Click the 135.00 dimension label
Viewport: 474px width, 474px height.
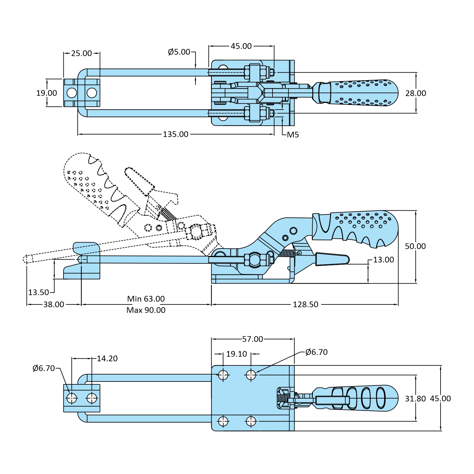pyautogui.click(x=176, y=134)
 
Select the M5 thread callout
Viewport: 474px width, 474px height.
pyautogui.click(x=293, y=135)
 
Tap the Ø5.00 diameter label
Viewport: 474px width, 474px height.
pyautogui.click(x=179, y=52)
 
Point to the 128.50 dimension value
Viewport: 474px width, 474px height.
pyautogui.click(x=305, y=304)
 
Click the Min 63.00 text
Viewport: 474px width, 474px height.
pyautogui.click(x=146, y=299)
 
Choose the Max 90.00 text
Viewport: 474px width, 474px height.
pyautogui.click(x=146, y=310)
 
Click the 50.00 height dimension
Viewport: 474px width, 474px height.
pyautogui.click(x=415, y=246)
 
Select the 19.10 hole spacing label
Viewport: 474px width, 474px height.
pyautogui.click(x=237, y=354)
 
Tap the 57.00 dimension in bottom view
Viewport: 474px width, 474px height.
pyautogui.click(x=252, y=339)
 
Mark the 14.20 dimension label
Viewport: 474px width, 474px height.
pyautogui.click(x=107, y=358)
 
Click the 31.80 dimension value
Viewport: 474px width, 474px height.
pyautogui.click(x=415, y=399)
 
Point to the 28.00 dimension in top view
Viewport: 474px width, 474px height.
pyautogui.click(x=416, y=93)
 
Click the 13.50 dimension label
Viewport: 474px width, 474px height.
pyautogui.click(x=39, y=292)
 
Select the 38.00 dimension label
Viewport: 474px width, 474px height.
pyautogui.click(x=54, y=304)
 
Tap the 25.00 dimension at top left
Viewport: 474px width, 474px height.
pyautogui.click(x=81, y=53)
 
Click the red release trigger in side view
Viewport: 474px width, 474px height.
pyautogui.click(x=332, y=259)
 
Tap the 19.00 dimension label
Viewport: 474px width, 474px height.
pyautogui.click(x=47, y=93)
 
